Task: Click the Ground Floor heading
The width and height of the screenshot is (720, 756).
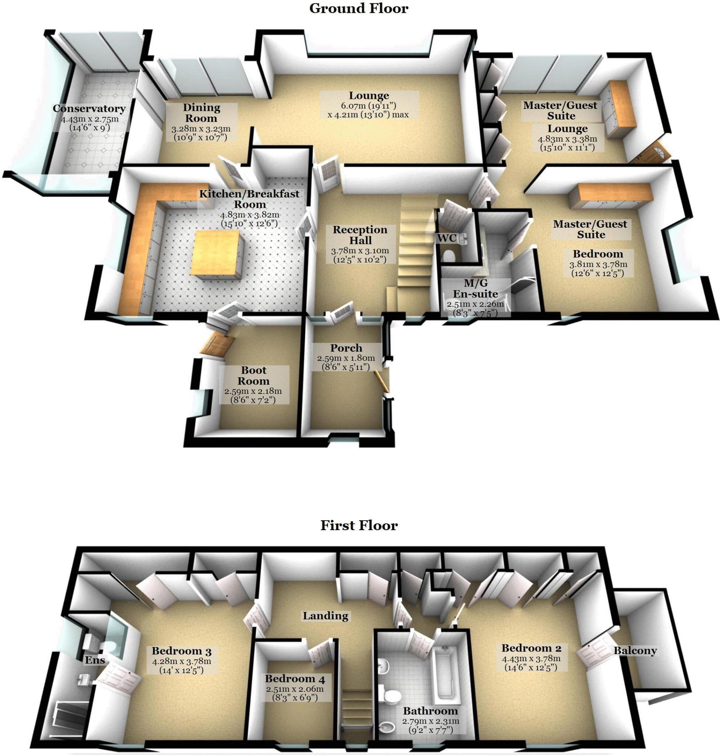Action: pyautogui.click(x=358, y=9)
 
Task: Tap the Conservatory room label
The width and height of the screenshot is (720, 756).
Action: pyautogui.click(x=89, y=109)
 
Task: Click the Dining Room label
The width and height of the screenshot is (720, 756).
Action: pyautogui.click(x=201, y=113)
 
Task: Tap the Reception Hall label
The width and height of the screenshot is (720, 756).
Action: pyautogui.click(x=360, y=235)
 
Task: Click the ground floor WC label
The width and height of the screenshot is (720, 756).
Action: pyautogui.click(x=447, y=238)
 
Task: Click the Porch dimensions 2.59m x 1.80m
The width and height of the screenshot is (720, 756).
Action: pyautogui.click(x=346, y=358)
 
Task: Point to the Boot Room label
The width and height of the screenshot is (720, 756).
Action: pyautogui.click(x=253, y=375)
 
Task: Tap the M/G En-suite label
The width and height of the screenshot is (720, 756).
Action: pyautogui.click(x=475, y=288)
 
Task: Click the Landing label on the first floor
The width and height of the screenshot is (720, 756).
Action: pyautogui.click(x=325, y=616)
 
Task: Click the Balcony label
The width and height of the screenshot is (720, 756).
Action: pyautogui.click(x=635, y=650)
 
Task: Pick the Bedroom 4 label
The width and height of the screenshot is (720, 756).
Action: pyautogui.click(x=295, y=679)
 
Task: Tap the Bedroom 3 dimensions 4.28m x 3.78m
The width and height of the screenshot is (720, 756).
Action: pyautogui.click(x=181, y=661)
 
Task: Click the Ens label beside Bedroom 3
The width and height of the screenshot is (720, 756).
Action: pyautogui.click(x=95, y=660)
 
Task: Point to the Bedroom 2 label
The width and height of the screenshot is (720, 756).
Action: pyautogui.click(x=531, y=648)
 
